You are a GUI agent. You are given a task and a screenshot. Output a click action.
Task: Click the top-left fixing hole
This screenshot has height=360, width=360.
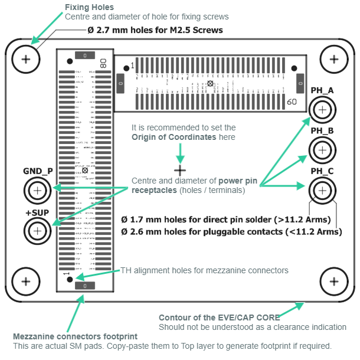click(25, 59)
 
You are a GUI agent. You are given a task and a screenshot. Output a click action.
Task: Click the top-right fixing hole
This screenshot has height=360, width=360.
click(333, 59)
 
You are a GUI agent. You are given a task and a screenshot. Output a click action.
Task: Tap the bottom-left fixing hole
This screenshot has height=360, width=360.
click(25, 280)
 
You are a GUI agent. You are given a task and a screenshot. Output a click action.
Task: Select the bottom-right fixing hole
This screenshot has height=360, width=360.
click(333, 280)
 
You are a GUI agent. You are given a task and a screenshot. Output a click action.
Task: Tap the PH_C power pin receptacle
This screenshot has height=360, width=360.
click(322, 190)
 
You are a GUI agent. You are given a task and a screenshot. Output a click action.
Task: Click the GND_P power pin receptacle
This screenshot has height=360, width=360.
click(38, 191)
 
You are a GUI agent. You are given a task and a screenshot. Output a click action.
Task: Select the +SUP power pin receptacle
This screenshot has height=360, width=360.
click(38, 231)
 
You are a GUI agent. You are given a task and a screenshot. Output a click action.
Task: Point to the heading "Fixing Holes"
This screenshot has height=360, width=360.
click(89, 7)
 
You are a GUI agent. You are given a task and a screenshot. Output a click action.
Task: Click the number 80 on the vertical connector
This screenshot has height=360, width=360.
click(104, 63)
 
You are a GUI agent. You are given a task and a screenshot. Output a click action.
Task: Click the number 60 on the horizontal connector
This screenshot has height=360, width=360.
click(292, 102)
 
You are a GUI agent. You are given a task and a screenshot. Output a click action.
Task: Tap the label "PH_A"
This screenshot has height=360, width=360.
click(322, 90)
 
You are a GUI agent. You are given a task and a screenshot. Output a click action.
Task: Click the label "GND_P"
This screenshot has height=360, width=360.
click(38, 171)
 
